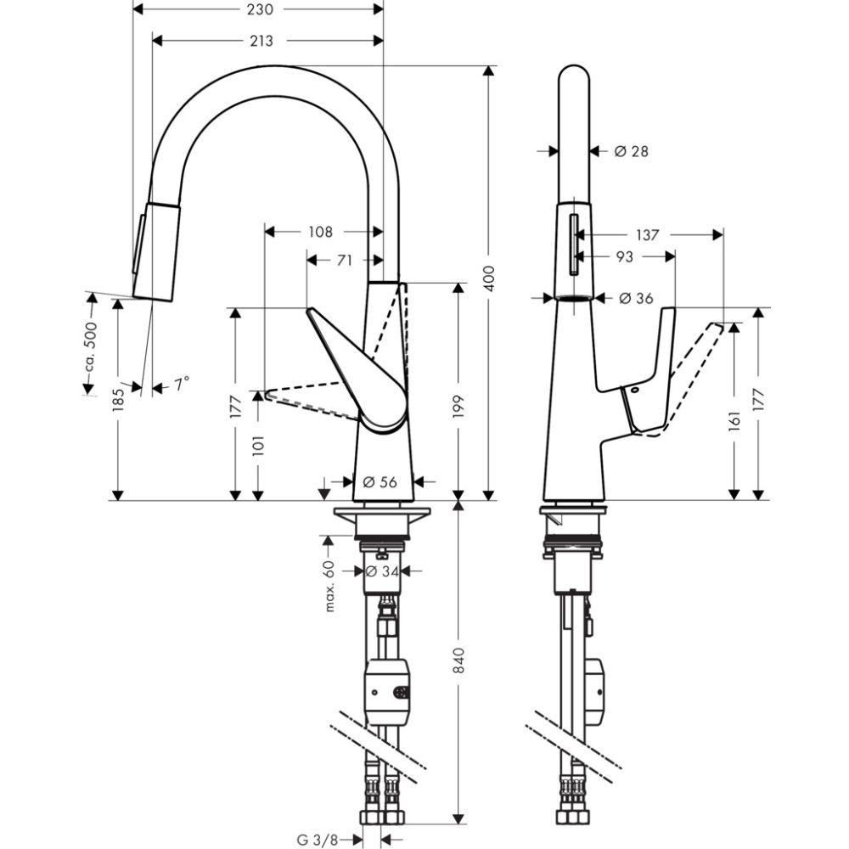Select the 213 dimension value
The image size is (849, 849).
(x=261, y=40)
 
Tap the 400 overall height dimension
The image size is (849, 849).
(x=488, y=274)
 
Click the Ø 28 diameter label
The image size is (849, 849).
(x=631, y=151)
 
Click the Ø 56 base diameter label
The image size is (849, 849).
(x=380, y=481)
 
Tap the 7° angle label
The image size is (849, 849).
(x=183, y=384)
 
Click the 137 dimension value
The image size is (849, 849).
(x=647, y=235)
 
